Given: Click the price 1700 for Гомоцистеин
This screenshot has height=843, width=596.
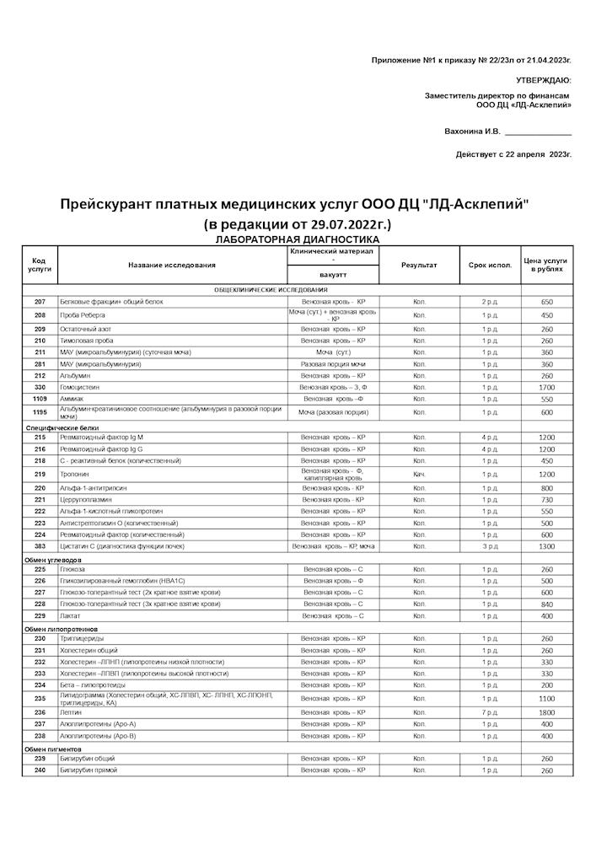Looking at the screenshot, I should tap(546, 387).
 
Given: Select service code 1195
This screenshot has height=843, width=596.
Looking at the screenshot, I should tap(40, 412).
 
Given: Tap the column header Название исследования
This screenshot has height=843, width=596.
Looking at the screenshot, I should tap(172, 266).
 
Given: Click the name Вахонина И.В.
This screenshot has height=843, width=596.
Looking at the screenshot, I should tap(472, 132).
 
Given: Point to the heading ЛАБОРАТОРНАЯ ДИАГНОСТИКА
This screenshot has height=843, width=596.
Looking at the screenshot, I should tap(298, 240).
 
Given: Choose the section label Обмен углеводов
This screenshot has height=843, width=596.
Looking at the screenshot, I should tap(52, 560).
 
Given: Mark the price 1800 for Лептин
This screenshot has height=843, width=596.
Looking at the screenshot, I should tap(546, 712).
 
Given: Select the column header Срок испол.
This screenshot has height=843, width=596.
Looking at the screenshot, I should tap(490, 266).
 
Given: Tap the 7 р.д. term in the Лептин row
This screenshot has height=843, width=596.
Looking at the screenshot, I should tap(490, 712).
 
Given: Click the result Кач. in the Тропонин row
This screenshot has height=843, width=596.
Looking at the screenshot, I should tap(419, 475).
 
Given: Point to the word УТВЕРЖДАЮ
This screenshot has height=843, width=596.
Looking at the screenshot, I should tap(543, 80).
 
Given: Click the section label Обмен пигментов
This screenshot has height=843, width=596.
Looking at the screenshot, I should tap(52, 749).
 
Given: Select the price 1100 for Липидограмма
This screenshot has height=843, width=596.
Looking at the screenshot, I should tap(546, 699).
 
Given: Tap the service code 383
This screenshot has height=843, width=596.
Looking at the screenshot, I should tap(40, 546).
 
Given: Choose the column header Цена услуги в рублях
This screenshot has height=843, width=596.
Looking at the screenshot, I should tap(545, 266).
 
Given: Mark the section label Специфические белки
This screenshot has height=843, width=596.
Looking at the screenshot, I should tap(56, 428).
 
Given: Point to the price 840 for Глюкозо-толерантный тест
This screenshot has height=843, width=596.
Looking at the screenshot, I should tap(546, 604).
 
